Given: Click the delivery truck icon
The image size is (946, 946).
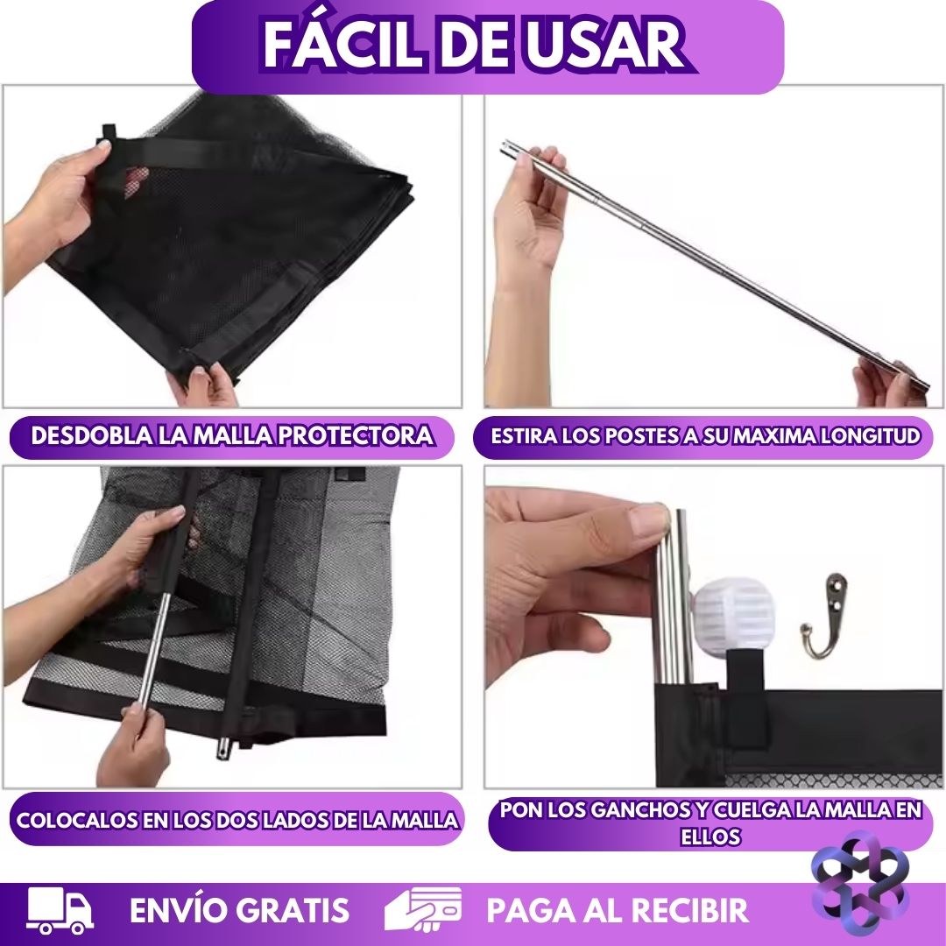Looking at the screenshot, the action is (60, 910).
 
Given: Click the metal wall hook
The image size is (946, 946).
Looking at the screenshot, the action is (825, 616).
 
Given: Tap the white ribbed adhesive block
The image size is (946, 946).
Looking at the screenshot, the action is (735, 618).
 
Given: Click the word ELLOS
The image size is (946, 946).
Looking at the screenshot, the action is (710, 837).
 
